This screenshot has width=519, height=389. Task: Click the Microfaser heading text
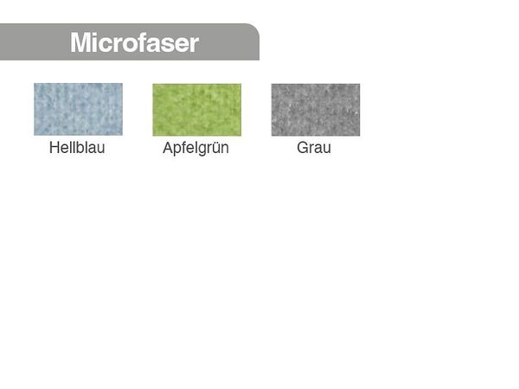(134, 42)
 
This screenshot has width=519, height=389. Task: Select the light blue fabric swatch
(78, 110)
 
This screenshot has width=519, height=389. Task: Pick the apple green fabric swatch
(196, 110)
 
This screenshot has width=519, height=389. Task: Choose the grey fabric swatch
(315, 110)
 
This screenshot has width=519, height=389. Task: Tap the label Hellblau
(77, 148)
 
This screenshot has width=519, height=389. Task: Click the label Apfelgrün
(195, 149)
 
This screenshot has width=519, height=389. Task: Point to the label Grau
(314, 148)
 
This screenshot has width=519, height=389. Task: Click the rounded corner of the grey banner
(252, 30)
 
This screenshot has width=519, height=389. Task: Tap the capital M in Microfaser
(81, 42)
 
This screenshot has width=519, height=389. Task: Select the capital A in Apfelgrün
(168, 148)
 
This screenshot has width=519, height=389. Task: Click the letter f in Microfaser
(144, 41)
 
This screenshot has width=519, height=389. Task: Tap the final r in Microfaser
(195, 43)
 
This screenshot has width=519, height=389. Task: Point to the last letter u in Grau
(326, 149)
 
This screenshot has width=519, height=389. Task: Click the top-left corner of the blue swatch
(35, 85)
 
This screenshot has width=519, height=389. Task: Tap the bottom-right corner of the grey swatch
(359, 135)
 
